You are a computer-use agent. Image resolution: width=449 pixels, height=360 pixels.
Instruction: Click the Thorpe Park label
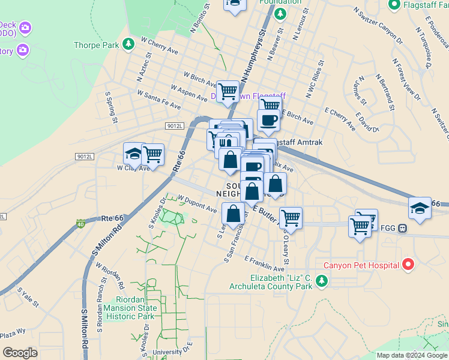pyautogui.click(x=96, y=45)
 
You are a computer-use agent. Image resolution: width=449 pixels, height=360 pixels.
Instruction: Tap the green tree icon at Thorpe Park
pyautogui.click(x=128, y=44)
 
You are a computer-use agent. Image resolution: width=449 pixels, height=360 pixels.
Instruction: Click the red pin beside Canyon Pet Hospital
pyautogui.click(x=409, y=264)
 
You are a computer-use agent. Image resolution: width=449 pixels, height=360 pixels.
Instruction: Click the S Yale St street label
pyautogui.click(x=28, y=298)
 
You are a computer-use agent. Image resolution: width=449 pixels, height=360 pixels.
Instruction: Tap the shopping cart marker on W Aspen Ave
pyautogui.click(x=228, y=92)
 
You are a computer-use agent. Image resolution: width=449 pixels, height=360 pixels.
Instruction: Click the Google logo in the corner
pyautogui.click(x=20, y=353)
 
